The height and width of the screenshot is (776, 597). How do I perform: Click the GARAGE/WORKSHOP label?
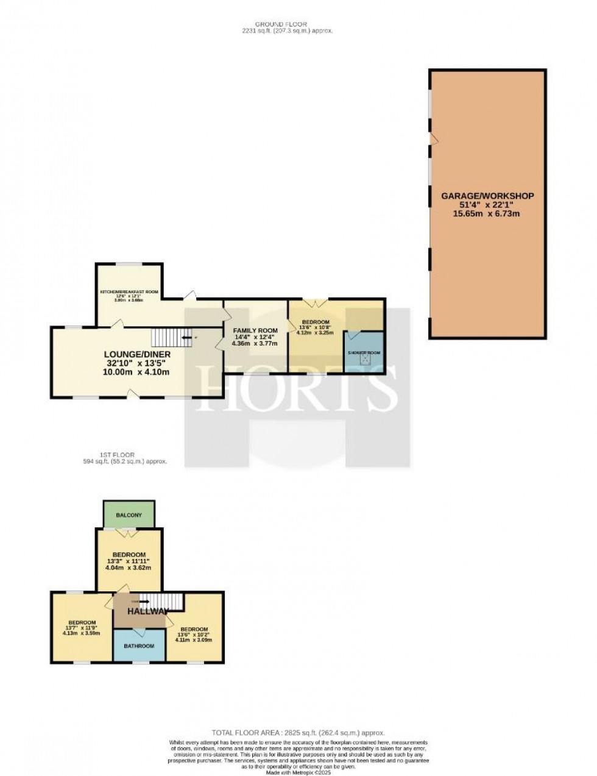[487, 196]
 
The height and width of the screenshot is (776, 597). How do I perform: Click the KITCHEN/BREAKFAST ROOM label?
[129, 292]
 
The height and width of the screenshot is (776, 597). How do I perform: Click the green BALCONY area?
[129, 515]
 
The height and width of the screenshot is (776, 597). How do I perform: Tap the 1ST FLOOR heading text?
[118, 455]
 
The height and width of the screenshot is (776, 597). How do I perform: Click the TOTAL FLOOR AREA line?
[298, 733]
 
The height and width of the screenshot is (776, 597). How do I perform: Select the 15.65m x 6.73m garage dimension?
[487, 214]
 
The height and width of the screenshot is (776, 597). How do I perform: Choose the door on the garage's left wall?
[433, 140]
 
